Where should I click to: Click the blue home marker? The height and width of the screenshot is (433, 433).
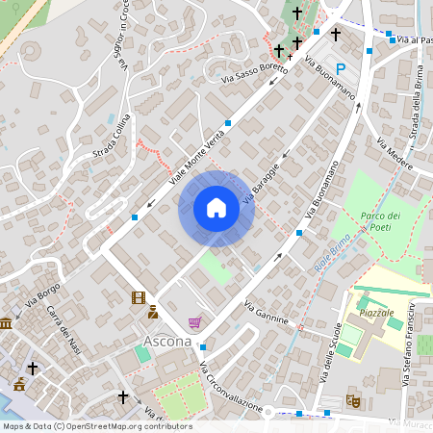pos(216,208)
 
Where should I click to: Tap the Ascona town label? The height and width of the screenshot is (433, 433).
pos(166,341)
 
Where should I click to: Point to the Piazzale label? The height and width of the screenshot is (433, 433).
pos(376,314)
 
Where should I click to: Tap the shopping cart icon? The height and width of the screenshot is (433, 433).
pos(194,322)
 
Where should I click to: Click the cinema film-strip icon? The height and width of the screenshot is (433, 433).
pos(139,298)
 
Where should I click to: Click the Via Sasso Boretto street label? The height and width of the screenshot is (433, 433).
pos(254,72)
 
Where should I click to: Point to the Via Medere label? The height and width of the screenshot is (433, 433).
pos(395,155)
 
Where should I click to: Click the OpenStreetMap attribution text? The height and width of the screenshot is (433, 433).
pos(97,426)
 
